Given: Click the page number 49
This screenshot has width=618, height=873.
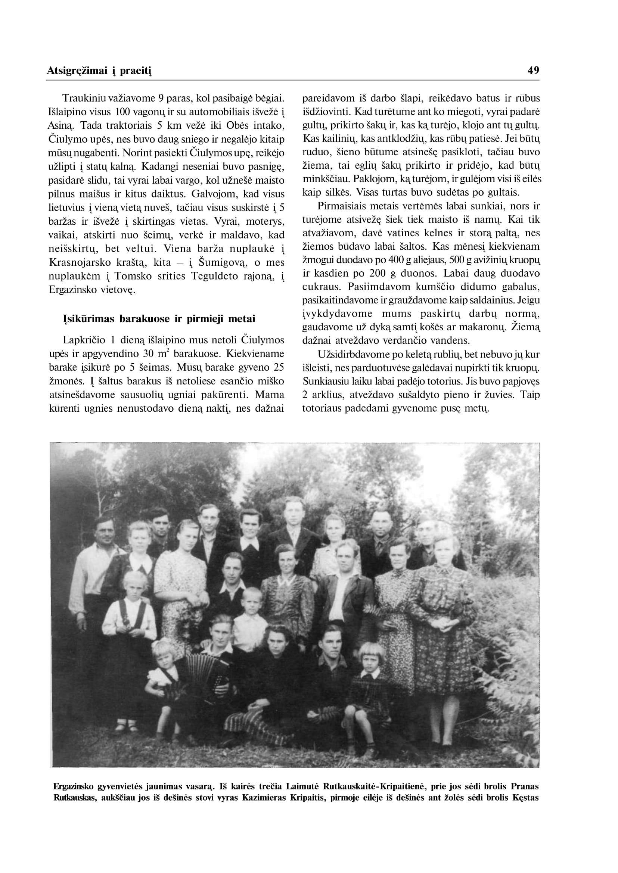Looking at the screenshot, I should pos(533,71).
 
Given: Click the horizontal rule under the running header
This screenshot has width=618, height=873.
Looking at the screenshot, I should pos(293,80).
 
